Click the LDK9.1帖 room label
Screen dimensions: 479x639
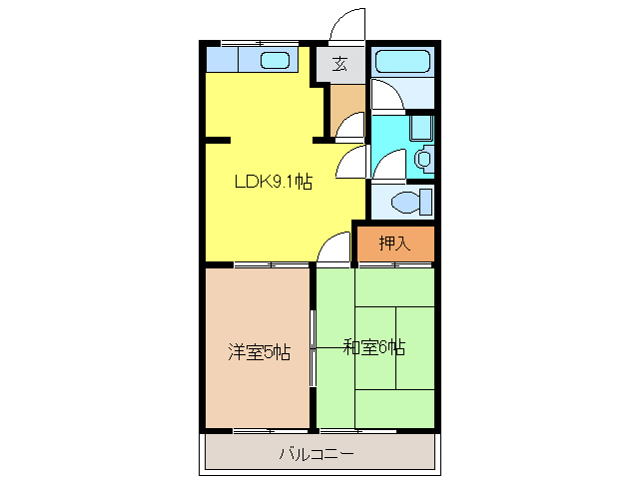point(273,183)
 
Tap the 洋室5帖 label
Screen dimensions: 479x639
point(259,351)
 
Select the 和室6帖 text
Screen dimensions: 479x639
point(374,347)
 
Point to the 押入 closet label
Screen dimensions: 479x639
point(394,242)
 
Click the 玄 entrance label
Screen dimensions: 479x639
point(340,65)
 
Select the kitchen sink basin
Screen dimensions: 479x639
point(275,61)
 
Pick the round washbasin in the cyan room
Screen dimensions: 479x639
point(424,158)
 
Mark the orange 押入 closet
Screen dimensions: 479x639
point(394,242)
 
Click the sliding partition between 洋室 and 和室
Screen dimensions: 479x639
point(313,347)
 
